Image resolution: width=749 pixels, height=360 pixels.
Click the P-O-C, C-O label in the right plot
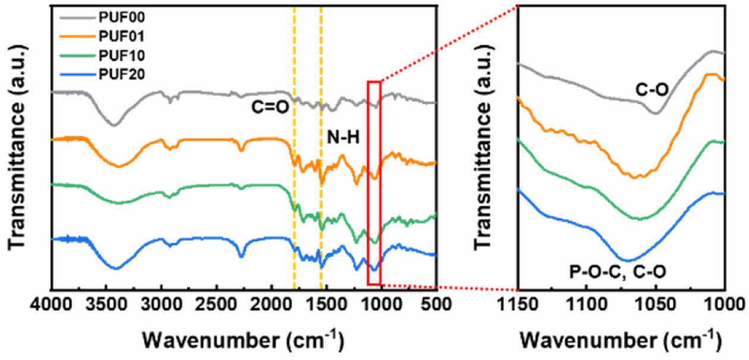(x=618, y=273)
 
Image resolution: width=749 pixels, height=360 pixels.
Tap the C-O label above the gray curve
(x=652, y=90)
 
